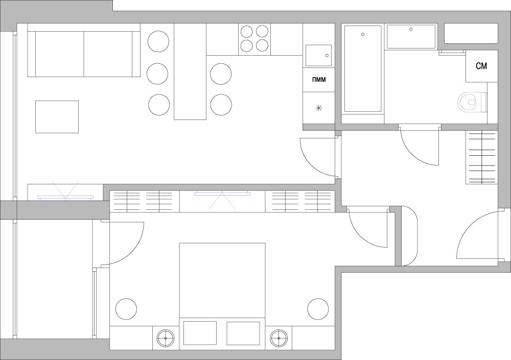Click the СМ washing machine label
pos(481,66)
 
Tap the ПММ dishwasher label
pos(319,80)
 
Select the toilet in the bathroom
pos(472,102)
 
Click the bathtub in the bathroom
pos(363,69)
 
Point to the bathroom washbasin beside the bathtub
pos(411,36)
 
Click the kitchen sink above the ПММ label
pos(318,55)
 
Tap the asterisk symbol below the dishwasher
pos(319,108)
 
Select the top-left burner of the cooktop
pos(246,32)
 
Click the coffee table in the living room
pos(57,116)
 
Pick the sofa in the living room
pos(84,54)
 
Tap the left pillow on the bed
pos(200,333)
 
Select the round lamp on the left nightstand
pos(166,338)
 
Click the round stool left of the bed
pos(126,309)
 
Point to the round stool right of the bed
pos(318,309)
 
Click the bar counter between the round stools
pos(190,71)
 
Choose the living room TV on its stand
pos(65,197)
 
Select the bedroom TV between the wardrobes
pos(222,194)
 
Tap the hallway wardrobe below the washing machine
pos(482,158)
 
